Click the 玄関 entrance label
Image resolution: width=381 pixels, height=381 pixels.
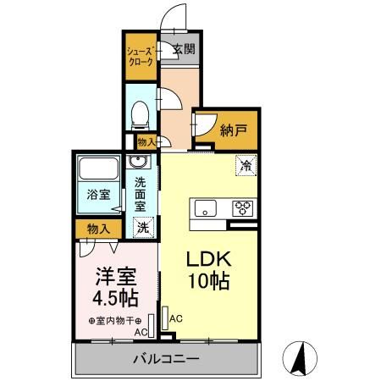pos(184,49)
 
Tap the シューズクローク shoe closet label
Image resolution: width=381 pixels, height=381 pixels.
pos(139,57)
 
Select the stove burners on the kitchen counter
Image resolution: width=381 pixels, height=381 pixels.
pos(242,208)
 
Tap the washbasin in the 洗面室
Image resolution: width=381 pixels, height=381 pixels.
pos(139,162)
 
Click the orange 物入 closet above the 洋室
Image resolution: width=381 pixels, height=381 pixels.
pos(98,228)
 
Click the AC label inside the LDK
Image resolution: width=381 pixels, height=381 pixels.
pos(176,318)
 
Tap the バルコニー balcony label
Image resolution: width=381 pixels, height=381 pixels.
pos(166,360)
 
